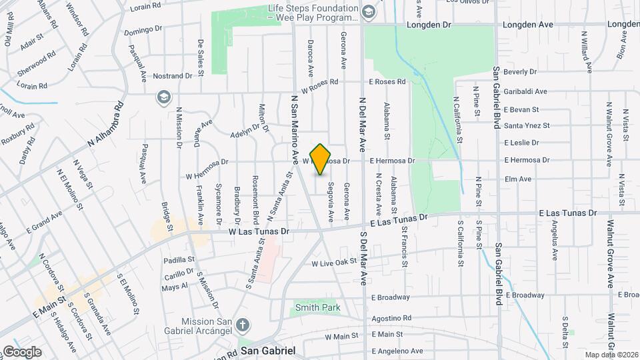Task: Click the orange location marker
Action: (321, 159)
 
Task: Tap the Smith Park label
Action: (318, 307)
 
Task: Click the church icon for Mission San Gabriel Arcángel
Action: (243, 325)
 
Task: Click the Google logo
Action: (22, 351)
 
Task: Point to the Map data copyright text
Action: (611, 355)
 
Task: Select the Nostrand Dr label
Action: (171, 76)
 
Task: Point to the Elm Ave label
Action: (518, 179)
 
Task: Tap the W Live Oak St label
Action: (335, 263)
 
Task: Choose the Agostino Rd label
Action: (392, 318)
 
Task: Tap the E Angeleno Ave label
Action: (397, 351)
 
